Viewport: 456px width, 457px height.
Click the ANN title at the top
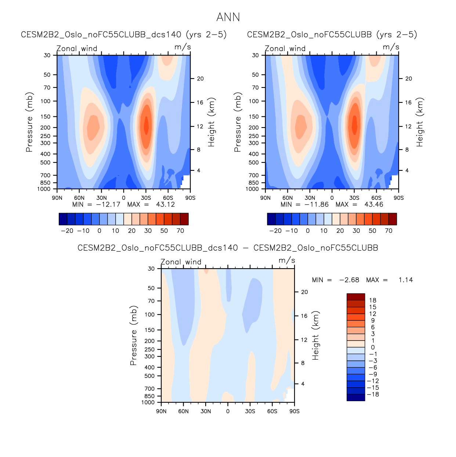[x=228, y=17]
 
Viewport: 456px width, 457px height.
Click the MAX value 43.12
[x=165, y=205]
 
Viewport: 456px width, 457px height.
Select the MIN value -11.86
[x=316, y=205]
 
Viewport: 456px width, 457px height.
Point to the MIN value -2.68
[x=349, y=280]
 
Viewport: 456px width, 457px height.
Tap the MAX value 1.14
[x=406, y=280]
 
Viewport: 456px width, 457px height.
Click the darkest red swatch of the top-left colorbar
[x=184, y=219]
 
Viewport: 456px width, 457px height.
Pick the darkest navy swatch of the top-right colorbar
[x=271, y=219]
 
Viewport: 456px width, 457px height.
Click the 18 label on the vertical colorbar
[x=373, y=301]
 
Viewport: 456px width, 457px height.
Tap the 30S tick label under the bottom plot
[x=250, y=411]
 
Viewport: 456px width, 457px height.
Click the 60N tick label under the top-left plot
[x=79, y=198]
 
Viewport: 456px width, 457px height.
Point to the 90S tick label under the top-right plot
[x=398, y=198]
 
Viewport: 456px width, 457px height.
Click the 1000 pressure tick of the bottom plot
[x=148, y=403]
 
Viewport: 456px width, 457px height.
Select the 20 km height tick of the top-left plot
[x=200, y=79]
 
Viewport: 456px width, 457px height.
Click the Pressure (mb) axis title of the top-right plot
[x=238, y=122]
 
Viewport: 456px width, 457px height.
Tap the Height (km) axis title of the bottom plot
[x=315, y=335]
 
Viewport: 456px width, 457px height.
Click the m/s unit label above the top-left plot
[x=182, y=47]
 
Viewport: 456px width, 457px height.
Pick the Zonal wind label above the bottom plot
[x=181, y=262]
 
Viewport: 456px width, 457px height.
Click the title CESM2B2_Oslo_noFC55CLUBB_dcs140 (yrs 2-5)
[x=124, y=35]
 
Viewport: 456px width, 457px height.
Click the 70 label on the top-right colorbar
[x=388, y=231]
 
